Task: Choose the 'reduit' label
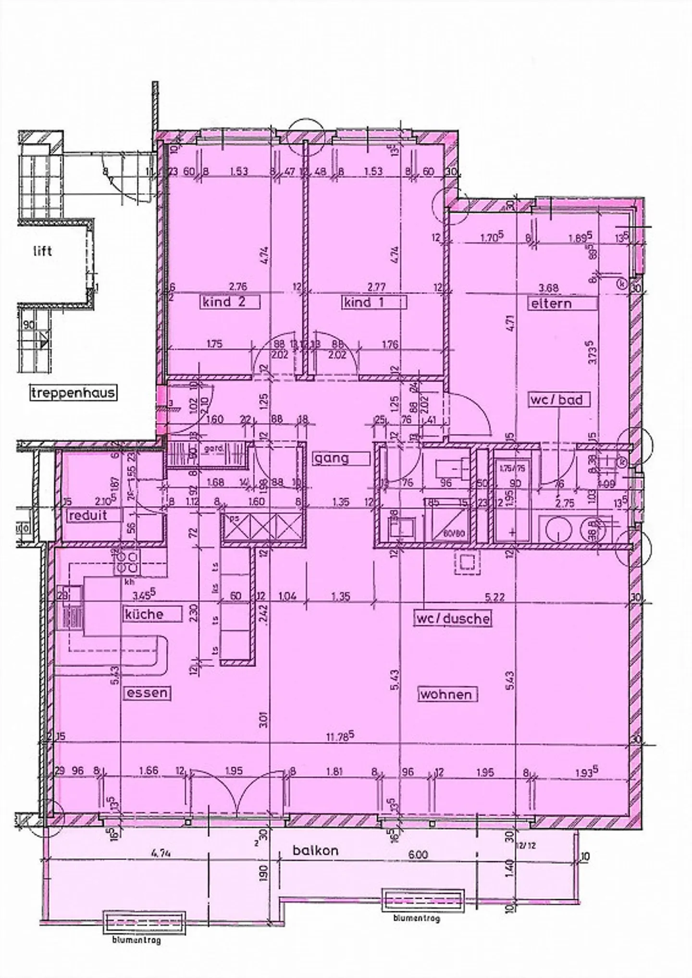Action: tap(88, 516)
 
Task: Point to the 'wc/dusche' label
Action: tap(453, 618)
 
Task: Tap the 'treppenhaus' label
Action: tap(74, 393)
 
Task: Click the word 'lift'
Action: tap(42, 251)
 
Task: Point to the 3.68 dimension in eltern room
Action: tap(549, 288)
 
